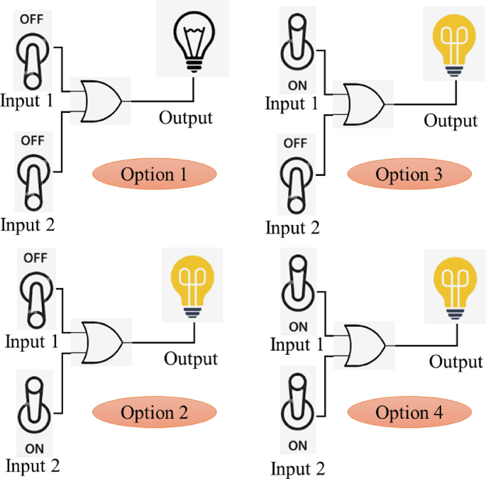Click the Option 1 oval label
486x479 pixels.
point(153,175)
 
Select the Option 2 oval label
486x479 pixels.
point(153,413)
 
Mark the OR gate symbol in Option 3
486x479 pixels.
point(364,104)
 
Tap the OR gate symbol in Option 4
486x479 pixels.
point(364,346)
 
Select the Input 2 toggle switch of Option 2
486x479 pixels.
point(33,402)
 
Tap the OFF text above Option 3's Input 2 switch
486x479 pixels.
point(294,143)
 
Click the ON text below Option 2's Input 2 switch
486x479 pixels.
point(33,448)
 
